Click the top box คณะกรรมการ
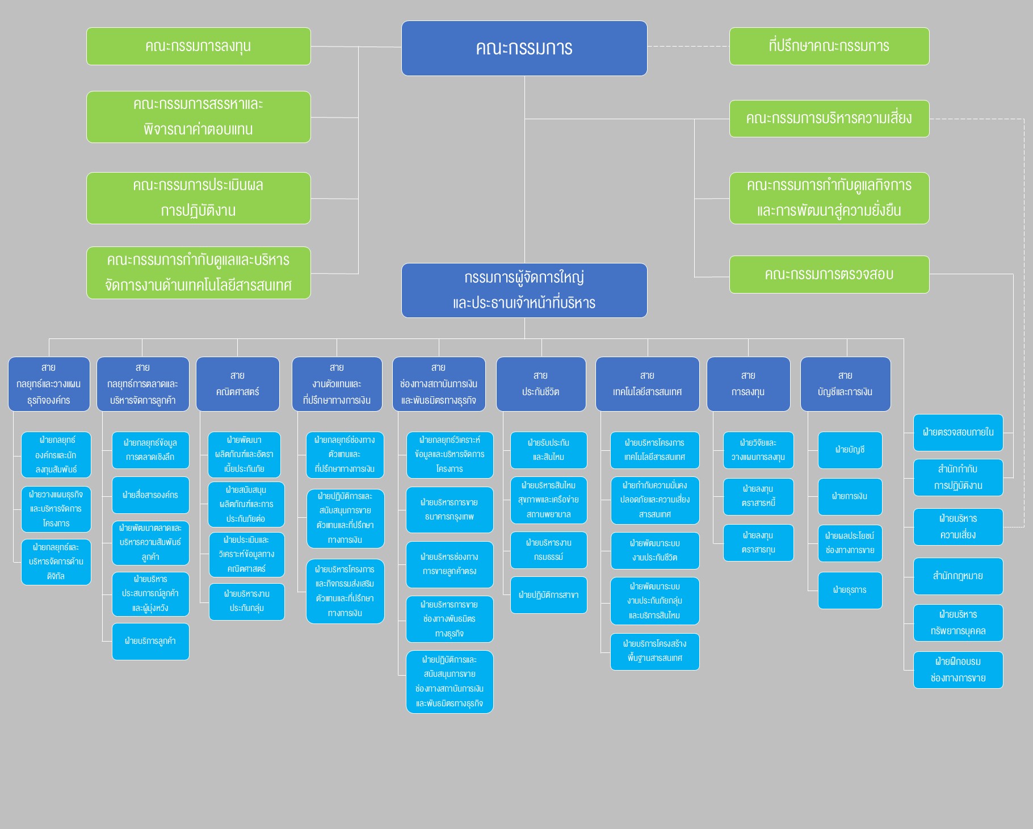[x=524, y=48]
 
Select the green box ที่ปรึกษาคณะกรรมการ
[x=829, y=46]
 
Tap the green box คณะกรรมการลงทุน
[x=198, y=46]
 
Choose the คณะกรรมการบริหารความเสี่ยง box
[x=829, y=119]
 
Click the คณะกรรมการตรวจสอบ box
[x=829, y=274]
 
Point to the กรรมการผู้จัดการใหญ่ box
[x=524, y=290]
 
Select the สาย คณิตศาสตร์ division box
[x=237, y=384]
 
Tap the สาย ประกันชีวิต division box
[x=540, y=384]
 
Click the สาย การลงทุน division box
[x=748, y=384]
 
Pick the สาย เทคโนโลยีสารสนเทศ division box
[x=647, y=384]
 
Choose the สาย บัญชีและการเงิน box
[x=845, y=384]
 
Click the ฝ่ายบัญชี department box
[x=850, y=450]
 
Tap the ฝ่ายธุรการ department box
[x=850, y=591]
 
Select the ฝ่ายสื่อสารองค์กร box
[x=150, y=495]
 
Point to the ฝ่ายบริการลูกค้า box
[x=150, y=641]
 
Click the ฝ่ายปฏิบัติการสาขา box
[x=548, y=595]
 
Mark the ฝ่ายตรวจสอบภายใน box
[x=958, y=433]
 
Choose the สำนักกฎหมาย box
[x=958, y=576]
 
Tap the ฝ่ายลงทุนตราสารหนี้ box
[x=758, y=496]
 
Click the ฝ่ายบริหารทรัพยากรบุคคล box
[x=958, y=623]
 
